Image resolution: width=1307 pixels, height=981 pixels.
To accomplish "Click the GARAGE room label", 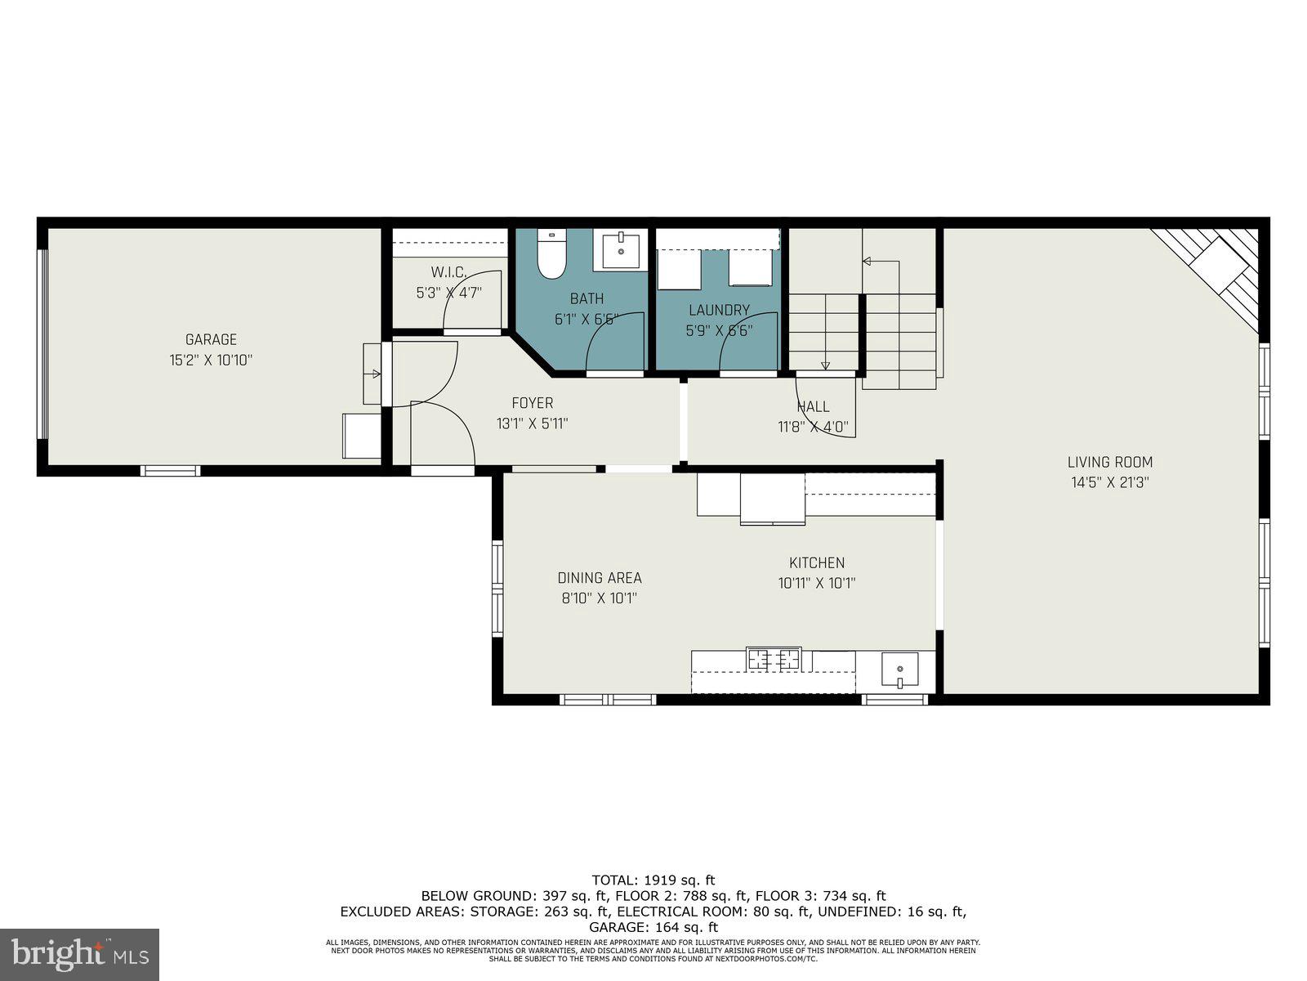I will coord(211,339).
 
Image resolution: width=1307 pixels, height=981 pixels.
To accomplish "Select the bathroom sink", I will coord(624,250).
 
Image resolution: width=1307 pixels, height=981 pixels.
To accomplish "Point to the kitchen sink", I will coord(899,671).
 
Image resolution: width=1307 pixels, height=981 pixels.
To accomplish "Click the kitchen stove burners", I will coord(774,658).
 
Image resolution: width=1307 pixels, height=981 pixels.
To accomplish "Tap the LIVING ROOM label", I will coord(1110,462).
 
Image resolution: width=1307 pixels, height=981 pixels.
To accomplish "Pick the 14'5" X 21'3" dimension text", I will coord(1110,482).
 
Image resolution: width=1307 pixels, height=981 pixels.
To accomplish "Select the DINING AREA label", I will coord(600,578).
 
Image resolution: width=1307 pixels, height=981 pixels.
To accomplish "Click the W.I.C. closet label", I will coord(448,271).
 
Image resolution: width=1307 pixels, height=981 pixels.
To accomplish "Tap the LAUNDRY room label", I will coord(719,310).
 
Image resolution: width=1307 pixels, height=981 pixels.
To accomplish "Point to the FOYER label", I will coord(532,403).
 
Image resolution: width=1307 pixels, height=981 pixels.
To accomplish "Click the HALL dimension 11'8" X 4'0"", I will coord(813,426).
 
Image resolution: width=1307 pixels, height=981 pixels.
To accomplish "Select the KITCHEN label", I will coord(817,562).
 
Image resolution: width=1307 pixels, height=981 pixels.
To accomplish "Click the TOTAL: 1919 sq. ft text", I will coord(653,880).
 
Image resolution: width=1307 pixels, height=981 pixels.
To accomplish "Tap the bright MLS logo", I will coord(79,954).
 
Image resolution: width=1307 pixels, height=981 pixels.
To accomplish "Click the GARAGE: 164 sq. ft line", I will coord(653,927).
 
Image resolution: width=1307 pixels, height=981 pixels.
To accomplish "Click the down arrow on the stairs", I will coord(825,365).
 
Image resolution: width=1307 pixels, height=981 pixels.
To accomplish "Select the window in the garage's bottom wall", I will coord(171,470).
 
